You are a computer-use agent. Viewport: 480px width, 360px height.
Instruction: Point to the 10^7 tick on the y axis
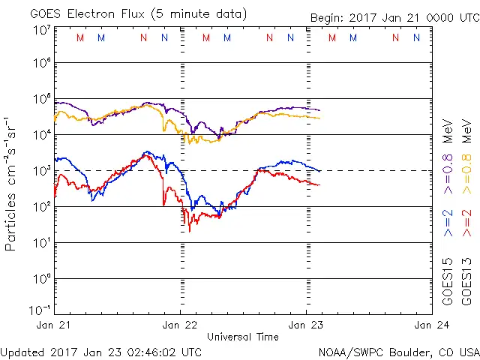(42, 30)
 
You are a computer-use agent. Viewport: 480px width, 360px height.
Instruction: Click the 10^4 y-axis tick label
(42, 134)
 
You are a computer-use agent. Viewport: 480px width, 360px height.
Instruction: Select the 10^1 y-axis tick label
(42, 242)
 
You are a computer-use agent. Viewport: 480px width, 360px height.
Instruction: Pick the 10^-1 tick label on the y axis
(40, 310)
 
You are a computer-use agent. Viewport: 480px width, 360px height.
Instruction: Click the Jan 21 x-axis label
(54, 325)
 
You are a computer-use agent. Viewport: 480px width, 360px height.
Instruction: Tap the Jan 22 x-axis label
(180, 325)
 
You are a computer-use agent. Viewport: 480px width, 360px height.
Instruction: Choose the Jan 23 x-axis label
(306, 325)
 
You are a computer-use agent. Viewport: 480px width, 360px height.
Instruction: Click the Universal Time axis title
(243, 337)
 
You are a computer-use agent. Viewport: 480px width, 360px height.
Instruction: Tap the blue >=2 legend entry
(448, 223)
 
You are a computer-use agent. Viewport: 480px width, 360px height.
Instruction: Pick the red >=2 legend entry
(467, 223)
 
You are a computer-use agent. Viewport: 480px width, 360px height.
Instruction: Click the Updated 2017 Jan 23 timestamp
(101, 351)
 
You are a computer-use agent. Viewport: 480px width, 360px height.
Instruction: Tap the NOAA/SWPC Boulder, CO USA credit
(398, 351)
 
